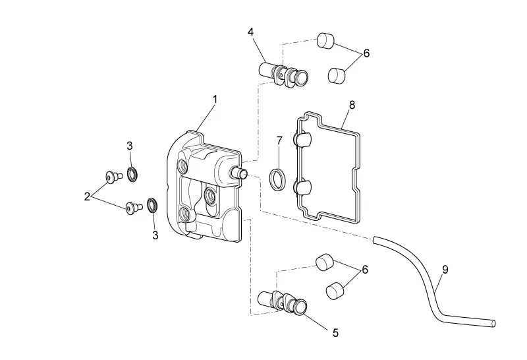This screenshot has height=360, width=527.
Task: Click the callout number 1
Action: pos(215,100)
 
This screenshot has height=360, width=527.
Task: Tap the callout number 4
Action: pos(251,32)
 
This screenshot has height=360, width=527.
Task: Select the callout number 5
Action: pos(335,333)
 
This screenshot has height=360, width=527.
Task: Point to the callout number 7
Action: pos(279,140)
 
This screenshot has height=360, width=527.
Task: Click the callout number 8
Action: pos(352,105)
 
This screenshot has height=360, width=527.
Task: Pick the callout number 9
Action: pos(445,270)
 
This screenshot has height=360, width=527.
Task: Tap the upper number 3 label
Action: pos(130,146)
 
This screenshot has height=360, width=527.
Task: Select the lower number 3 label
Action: pos(155,235)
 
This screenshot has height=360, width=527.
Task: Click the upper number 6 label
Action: pos(366,53)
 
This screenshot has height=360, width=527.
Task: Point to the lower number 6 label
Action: pos(365,270)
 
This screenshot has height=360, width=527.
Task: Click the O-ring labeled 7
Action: pos(278,179)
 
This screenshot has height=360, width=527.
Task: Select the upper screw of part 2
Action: pos(112,177)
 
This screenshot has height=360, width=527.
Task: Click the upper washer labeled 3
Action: pos(132,174)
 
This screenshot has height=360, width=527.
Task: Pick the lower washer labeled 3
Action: pos(153,206)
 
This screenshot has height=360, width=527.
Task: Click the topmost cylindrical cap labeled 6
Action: pos(325,41)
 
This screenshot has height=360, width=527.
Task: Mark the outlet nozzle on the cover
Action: pos(238,173)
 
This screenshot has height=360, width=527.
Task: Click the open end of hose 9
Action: pos(493,324)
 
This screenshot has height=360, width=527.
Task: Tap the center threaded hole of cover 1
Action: pos(210,194)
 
